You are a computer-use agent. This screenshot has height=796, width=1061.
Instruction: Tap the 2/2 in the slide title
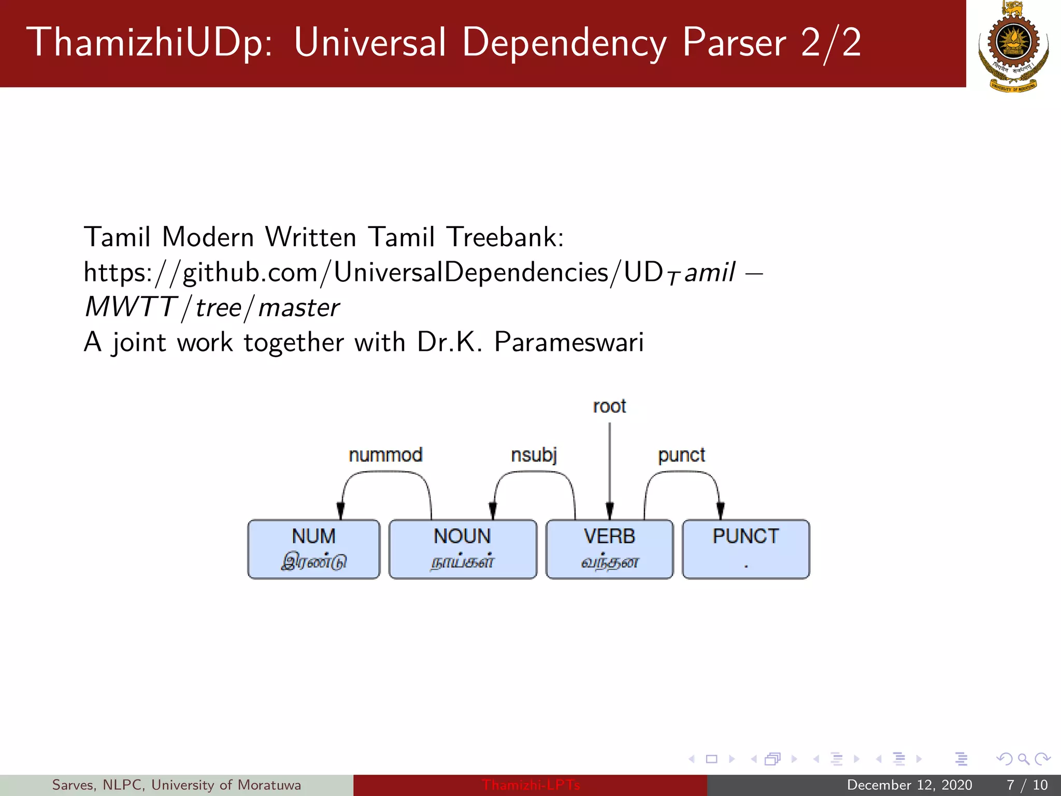point(831,42)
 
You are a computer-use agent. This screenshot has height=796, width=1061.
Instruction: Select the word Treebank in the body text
point(505,237)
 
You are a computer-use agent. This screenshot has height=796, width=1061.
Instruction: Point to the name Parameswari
point(569,343)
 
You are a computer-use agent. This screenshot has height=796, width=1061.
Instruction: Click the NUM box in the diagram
point(314,549)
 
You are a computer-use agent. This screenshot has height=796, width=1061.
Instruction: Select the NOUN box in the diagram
point(463,549)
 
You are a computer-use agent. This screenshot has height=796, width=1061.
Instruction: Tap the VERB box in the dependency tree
point(609,549)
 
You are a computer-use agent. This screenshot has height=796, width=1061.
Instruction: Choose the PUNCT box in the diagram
point(745,549)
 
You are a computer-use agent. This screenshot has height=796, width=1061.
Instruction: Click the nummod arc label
point(385,455)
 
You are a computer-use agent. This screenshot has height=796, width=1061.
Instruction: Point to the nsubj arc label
point(534,455)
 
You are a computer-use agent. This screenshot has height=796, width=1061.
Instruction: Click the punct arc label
point(681,456)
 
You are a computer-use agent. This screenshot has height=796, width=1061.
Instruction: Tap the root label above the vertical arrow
point(609,406)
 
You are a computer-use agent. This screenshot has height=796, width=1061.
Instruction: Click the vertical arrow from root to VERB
point(610,466)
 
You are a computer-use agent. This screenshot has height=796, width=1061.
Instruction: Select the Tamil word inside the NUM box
point(314,562)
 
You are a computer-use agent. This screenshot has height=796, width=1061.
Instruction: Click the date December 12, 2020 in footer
point(909,785)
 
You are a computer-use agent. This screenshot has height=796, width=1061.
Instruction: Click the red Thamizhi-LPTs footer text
point(530,785)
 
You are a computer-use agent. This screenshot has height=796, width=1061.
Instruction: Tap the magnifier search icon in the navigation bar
point(1023,759)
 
